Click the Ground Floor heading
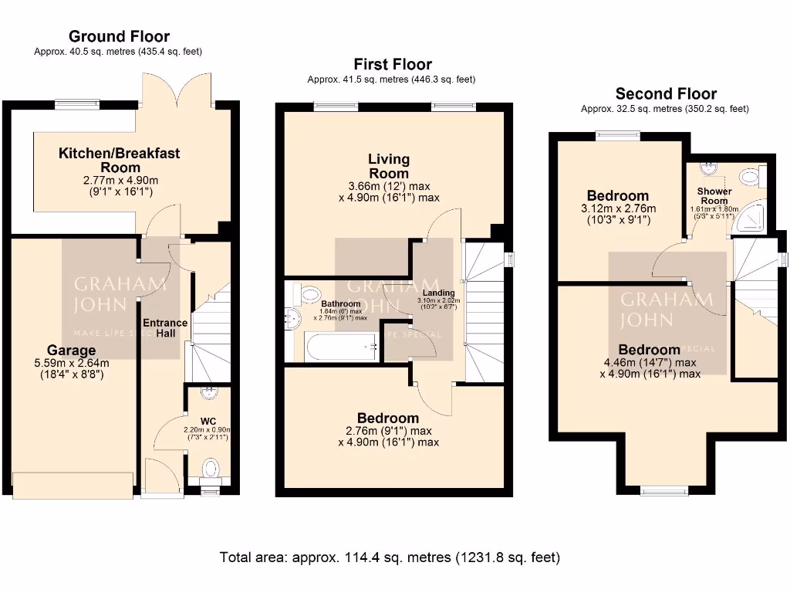119,36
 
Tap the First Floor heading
393,64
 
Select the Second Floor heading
665,94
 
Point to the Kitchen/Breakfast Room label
119,160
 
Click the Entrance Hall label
164,328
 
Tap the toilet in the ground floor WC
210,468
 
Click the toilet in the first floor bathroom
309,293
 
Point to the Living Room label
389,166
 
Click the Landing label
437,293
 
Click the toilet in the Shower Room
751,178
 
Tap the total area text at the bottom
390,557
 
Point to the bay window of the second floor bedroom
664,489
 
